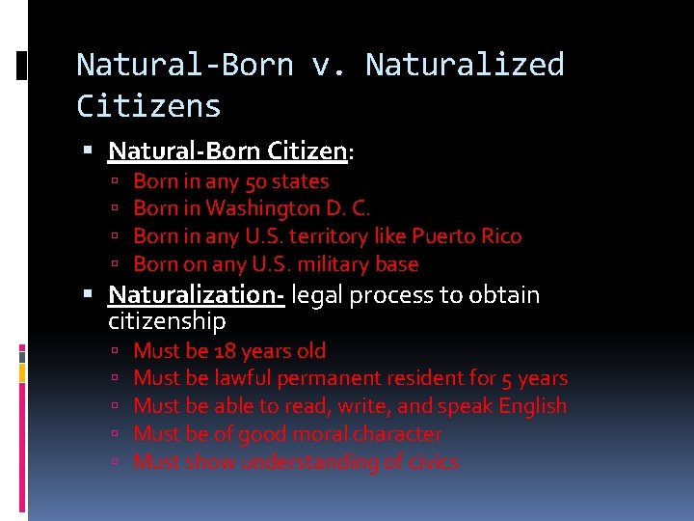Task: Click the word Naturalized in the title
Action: (x=465, y=65)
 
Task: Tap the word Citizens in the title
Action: (x=148, y=105)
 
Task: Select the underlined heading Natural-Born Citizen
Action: (x=227, y=151)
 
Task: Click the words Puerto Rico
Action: (x=467, y=236)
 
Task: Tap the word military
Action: (x=320, y=264)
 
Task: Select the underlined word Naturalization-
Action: (x=196, y=295)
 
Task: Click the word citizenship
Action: (x=168, y=320)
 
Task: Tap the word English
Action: (x=532, y=406)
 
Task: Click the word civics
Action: (x=433, y=462)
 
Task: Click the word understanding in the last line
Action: (x=309, y=462)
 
